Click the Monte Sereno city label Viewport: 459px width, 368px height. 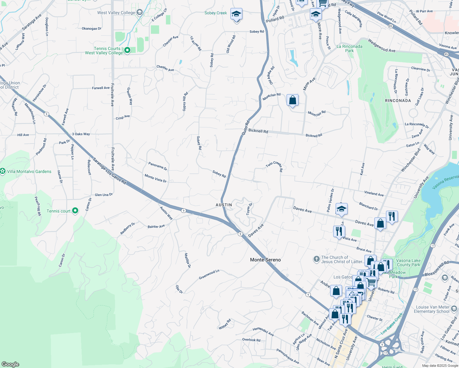tap(265, 260)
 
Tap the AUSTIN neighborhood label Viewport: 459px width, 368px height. tap(224, 205)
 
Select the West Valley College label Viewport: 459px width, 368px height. tap(116, 13)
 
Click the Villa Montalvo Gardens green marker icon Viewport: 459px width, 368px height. tap(3, 171)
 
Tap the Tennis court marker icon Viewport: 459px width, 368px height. tap(75, 211)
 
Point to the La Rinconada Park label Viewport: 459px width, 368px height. tap(349, 48)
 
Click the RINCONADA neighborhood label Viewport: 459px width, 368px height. tap(398, 101)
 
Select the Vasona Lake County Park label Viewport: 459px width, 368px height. tap(408, 263)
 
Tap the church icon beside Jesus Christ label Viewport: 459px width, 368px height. tap(316, 259)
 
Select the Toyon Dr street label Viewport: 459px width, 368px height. tap(249, 209)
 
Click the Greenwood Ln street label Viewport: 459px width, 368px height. tap(209, 274)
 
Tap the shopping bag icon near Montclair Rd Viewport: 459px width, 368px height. tap(292, 100)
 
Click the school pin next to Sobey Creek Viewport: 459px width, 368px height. tap(236, 14)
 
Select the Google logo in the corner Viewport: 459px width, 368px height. tap(10, 364)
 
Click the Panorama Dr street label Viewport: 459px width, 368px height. tap(158, 166)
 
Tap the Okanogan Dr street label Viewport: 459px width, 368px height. tap(91, 29)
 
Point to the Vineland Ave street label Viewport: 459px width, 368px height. tap(374, 194)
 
